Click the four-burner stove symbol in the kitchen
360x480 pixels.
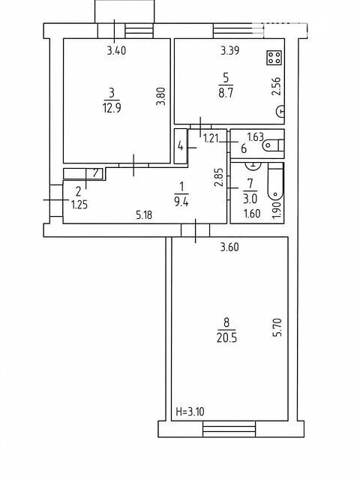(x=274, y=58)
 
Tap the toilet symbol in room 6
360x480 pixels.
(x=273, y=145)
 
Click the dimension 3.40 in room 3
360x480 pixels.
(x=116, y=50)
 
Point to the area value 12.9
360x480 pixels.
(x=112, y=108)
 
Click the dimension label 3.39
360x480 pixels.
(x=230, y=50)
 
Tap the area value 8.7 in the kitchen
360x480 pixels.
(x=226, y=92)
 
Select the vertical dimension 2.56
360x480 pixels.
(x=276, y=86)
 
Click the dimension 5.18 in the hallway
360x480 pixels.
(x=144, y=215)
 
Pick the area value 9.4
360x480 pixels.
(x=181, y=202)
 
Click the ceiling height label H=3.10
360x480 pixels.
(x=190, y=412)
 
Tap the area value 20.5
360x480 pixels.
(x=226, y=338)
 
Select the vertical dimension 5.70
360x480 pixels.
(x=277, y=328)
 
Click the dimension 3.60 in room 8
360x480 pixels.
(x=229, y=247)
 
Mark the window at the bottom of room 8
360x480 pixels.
(x=229, y=429)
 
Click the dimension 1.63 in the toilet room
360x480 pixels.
(x=255, y=136)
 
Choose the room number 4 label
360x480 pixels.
(x=181, y=146)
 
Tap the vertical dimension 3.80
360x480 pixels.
(x=160, y=97)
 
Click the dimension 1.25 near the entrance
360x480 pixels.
(x=79, y=205)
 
